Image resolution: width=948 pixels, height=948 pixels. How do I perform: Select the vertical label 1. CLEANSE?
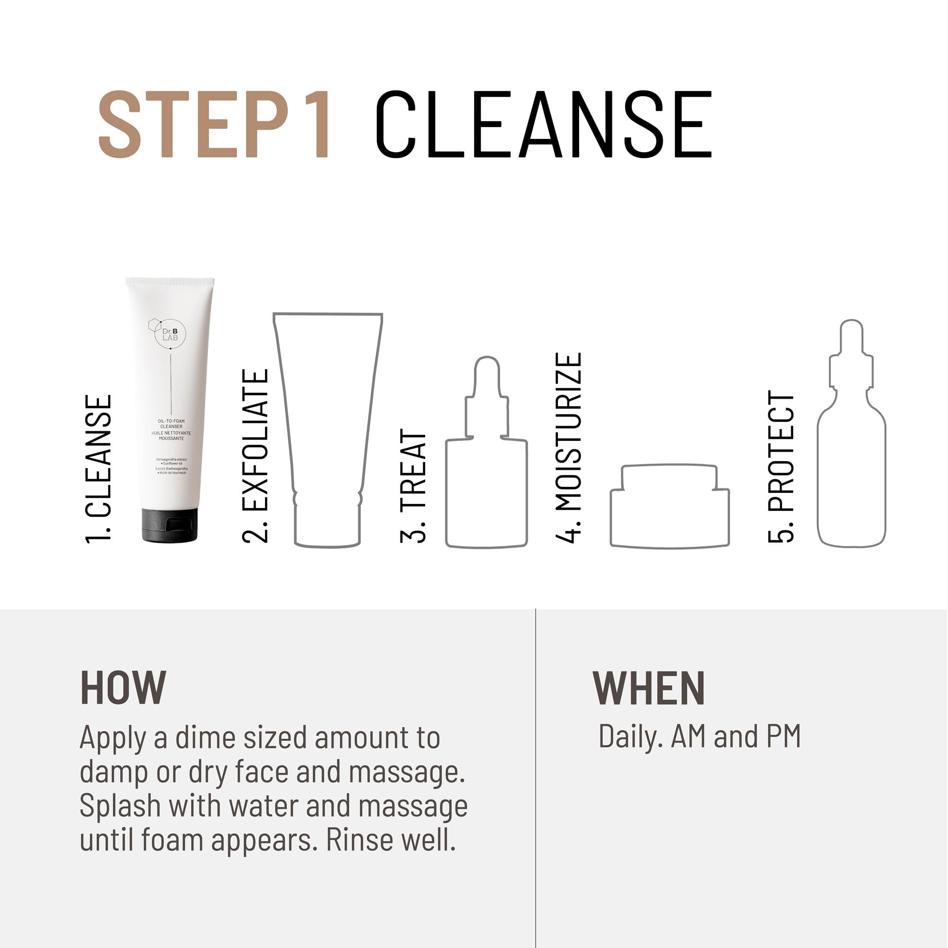[99, 469]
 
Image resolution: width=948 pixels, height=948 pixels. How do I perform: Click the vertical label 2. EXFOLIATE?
[255, 456]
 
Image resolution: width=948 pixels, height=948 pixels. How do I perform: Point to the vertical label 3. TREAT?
[413, 486]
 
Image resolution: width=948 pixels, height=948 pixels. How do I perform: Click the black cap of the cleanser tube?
[170, 525]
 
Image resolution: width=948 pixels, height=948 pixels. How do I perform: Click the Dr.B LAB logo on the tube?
[169, 334]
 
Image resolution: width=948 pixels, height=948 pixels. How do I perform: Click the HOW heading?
[123, 688]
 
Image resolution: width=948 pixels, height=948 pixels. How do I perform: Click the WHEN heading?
[649, 688]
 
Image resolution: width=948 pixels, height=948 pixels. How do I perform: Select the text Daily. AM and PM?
[699, 737]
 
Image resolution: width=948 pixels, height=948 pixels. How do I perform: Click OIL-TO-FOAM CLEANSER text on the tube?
[171, 423]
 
